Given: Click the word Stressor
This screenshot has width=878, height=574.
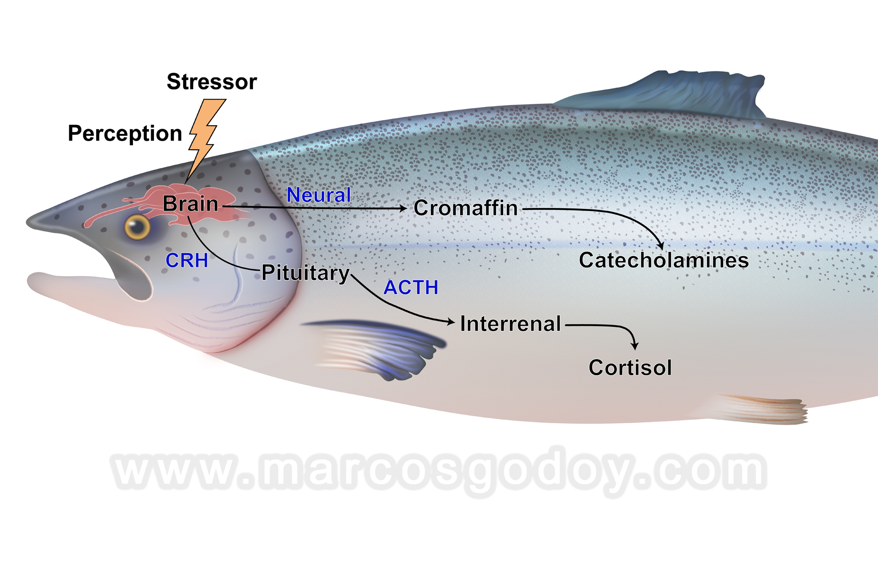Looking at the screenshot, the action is (212, 82).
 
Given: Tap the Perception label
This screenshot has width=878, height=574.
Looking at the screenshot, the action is (125, 133).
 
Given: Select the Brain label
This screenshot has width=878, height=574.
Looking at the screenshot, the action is (190, 204).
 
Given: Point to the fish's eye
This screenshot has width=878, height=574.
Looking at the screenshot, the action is (137, 227).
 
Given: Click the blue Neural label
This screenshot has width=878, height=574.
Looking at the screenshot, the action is (318, 195).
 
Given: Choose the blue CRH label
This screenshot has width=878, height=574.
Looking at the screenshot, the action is (187, 261).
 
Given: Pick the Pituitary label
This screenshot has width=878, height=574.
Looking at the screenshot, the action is (306, 273).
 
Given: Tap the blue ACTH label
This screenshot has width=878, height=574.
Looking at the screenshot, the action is (411, 287).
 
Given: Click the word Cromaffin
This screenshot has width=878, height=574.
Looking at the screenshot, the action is (466, 208).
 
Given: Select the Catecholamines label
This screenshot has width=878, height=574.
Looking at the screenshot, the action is (664, 260).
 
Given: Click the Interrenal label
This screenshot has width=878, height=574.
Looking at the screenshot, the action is (510, 324).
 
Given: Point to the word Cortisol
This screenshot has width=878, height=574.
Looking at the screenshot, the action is (630, 368).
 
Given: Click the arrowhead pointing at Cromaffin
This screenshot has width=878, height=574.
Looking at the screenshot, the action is (403, 208).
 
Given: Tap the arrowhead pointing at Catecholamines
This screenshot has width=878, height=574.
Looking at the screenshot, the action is (660, 245).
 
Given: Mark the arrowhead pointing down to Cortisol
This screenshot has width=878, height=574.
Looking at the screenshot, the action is (635, 345).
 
